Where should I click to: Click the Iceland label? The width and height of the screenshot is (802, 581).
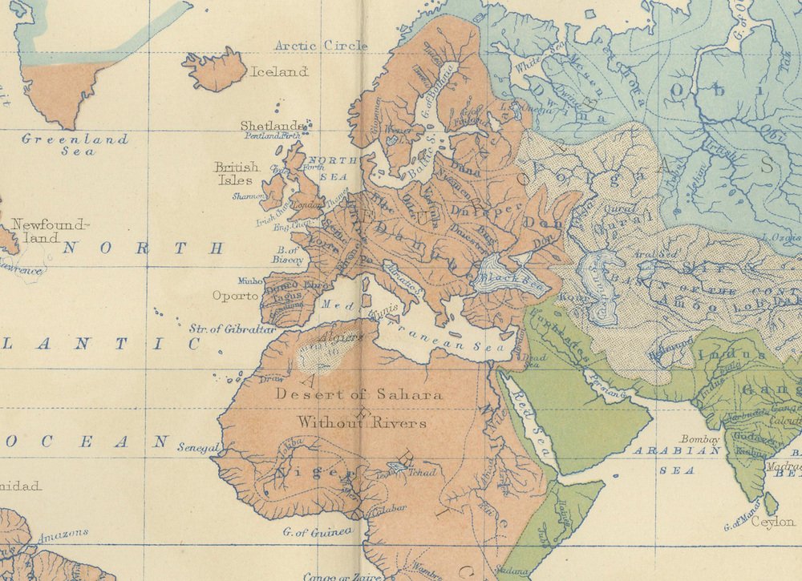[x=279, y=72]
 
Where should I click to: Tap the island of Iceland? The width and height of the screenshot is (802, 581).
[x=214, y=70]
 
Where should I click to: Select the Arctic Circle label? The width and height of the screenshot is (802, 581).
[x=321, y=46]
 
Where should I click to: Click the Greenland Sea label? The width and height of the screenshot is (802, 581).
[x=74, y=144]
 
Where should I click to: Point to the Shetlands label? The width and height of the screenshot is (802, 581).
[x=273, y=126]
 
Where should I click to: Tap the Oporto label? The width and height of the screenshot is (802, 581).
[x=235, y=296]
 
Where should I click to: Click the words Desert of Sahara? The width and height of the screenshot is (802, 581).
[x=358, y=394]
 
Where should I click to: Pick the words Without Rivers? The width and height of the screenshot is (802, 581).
[x=362, y=422]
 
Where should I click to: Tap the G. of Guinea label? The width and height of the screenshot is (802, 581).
[x=318, y=531]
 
